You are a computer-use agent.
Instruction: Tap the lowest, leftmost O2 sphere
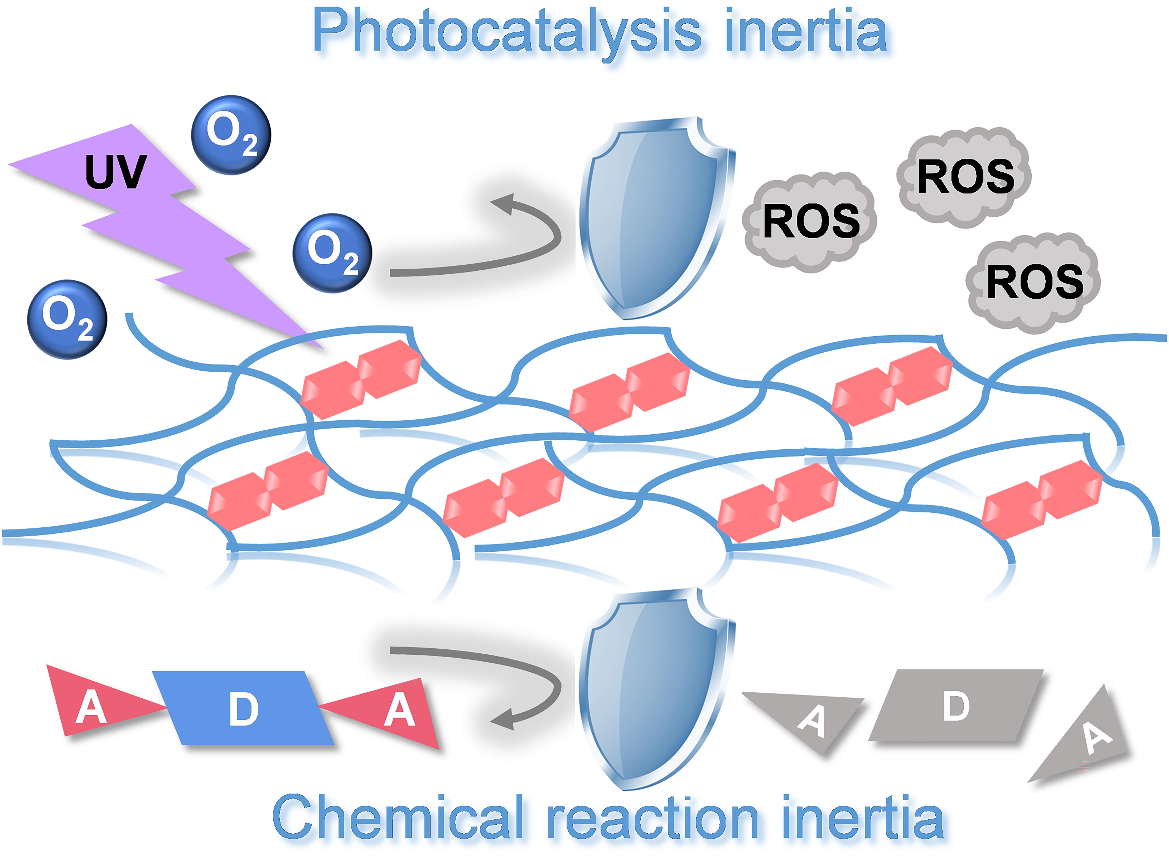tap(67, 319)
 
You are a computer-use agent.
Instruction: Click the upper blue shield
tap(654, 219)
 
